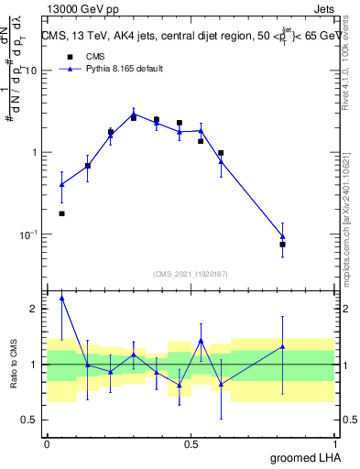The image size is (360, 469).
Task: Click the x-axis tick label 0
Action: [47, 443]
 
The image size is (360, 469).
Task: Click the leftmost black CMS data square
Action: [61, 213]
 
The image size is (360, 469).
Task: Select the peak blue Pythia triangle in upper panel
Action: [134, 114]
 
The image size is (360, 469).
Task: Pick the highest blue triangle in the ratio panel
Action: [61, 298]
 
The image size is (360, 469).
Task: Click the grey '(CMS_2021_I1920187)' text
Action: [191, 273]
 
